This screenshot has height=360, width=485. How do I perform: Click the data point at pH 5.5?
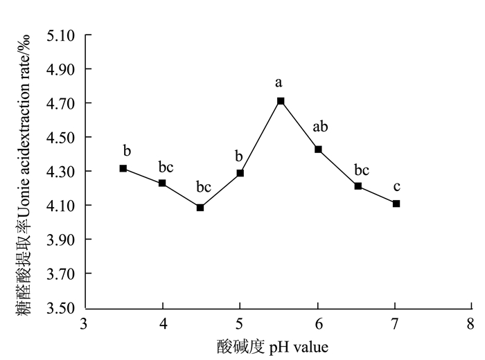(281, 101)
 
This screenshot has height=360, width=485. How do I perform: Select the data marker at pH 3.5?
(123, 168)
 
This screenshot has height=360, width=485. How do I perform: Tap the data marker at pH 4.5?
(200, 207)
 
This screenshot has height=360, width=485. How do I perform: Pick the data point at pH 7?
(396, 204)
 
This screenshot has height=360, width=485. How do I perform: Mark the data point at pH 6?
(319, 149)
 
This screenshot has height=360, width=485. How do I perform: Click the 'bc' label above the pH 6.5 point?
(362, 170)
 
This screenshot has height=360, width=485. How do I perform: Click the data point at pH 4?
(162, 183)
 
